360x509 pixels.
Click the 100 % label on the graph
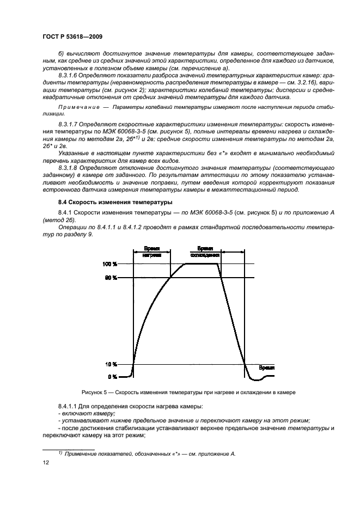pos(109,264)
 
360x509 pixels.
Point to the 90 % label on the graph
pos(111,278)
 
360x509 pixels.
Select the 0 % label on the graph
pos(112,377)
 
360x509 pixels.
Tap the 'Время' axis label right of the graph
pos(266,367)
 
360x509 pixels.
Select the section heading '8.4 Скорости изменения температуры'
pos(107,202)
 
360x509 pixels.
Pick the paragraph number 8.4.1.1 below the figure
pos(69,407)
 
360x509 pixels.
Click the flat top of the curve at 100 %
pos(202,264)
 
